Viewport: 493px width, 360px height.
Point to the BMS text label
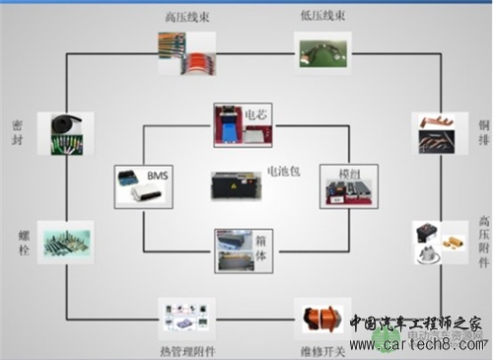pyautogui.click(x=158, y=175)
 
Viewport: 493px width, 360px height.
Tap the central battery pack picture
pyautogui.click(x=235, y=185)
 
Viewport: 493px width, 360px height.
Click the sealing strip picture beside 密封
pyautogui.click(x=58, y=132)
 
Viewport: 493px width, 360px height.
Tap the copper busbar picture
pyautogui.click(x=431, y=133)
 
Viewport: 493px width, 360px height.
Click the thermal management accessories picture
pyautogui.click(x=187, y=318)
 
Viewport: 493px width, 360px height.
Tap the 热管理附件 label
pyautogui.click(x=187, y=350)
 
